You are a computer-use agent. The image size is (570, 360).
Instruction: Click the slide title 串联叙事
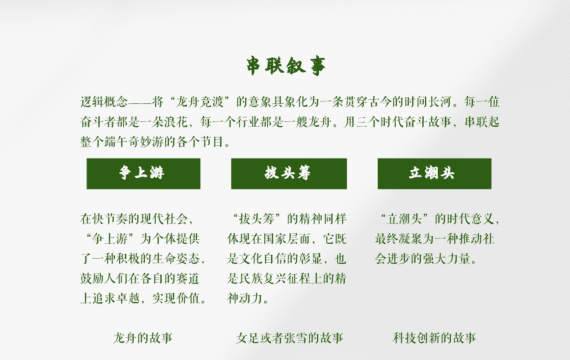tap(286, 66)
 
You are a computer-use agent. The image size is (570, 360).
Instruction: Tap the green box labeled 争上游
tap(143, 173)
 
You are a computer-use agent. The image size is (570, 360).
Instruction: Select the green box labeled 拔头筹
tap(289, 173)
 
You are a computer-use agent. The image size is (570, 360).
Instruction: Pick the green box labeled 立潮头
tap(434, 173)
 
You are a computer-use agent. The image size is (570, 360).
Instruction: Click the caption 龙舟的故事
tap(143, 338)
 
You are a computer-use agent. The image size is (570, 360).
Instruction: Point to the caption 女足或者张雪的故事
tap(289, 338)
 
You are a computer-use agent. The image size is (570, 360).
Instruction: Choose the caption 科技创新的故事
tap(434, 338)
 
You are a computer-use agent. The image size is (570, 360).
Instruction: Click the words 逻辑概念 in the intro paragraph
tap(104, 102)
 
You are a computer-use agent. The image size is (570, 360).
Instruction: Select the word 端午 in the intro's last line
tap(116, 141)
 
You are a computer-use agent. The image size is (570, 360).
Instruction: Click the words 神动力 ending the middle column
tap(245, 298)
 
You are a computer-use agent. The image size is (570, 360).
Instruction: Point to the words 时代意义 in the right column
tap(470, 219)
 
